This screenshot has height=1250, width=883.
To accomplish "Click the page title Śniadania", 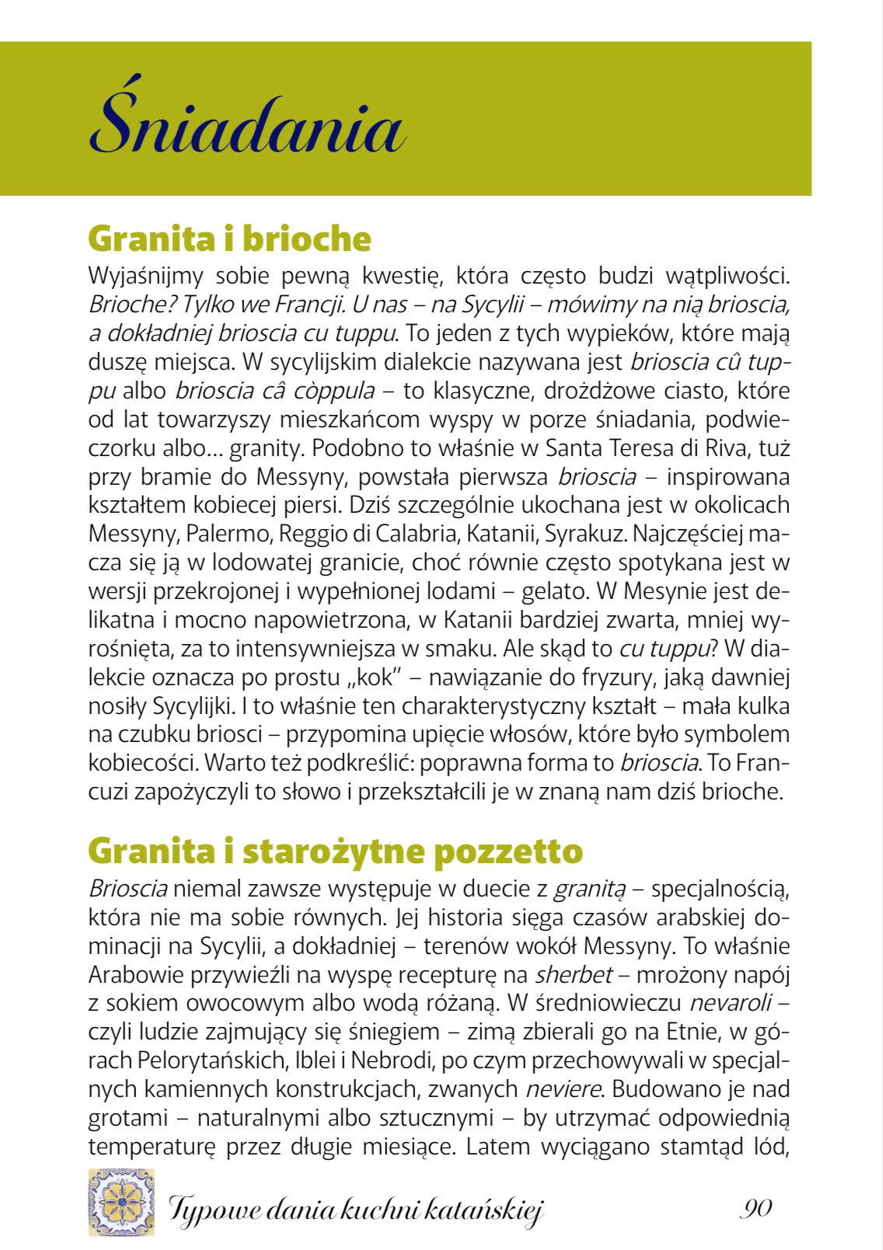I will click(x=247, y=124).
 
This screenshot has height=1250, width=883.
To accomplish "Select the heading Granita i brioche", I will click(x=229, y=239).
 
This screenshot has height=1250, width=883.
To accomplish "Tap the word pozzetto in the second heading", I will click(x=508, y=851).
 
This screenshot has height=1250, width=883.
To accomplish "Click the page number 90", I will click(x=756, y=1208).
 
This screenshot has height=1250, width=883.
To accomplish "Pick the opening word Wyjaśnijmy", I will click(x=145, y=277).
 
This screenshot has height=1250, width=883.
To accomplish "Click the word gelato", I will click(x=554, y=591).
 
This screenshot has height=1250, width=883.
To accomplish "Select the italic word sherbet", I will click(x=574, y=975).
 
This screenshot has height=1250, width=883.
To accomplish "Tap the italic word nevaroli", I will click(x=731, y=1003).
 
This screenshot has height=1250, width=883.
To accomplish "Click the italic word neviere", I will click(x=563, y=1089).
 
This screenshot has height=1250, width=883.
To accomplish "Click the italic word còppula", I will click(x=334, y=391).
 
